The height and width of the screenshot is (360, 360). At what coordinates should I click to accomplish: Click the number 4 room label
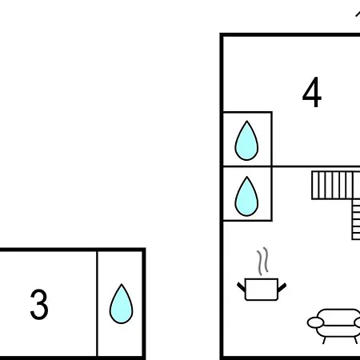pyautogui.click(x=312, y=92)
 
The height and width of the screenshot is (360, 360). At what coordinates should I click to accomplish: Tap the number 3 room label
pyautogui.click(x=39, y=304)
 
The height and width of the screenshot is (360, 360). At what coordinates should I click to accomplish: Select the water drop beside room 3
pyautogui.click(x=121, y=304)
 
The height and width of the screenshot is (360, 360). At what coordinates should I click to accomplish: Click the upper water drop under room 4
pyautogui.click(x=246, y=141)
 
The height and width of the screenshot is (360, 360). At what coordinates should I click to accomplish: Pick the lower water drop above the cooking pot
pyautogui.click(x=246, y=196)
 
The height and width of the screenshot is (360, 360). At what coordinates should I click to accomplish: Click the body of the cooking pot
pyautogui.click(x=262, y=290)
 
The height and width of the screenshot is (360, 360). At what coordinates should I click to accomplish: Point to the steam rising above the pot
pyautogui.click(x=262, y=262)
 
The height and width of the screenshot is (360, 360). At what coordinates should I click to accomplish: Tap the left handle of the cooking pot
pyautogui.click(x=241, y=287)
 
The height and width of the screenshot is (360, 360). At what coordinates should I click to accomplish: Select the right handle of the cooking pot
pyautogui.click(x=282, y=287)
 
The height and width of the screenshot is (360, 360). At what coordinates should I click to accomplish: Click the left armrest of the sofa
pyautogui.click(x=315, y=322)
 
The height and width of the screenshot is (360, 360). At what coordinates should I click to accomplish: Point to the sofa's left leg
pyautogui.click(x=325, y=340)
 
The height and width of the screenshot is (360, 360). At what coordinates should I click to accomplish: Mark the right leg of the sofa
pyautogui.click(x=355, y=340)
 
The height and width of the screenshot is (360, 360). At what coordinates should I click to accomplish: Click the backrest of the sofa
pyautogui.click(x=339, y=314)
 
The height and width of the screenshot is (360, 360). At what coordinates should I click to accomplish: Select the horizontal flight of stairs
pyautogui.click(x=336, y=186)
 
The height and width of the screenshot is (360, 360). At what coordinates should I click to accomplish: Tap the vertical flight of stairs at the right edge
pyautogui.click(x=356, y=219)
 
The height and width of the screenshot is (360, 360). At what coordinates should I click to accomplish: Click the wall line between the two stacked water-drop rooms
pyautogui.click(x=247, y=166)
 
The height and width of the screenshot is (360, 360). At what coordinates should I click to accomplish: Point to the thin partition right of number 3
pyautogui.click(x=98, y=303)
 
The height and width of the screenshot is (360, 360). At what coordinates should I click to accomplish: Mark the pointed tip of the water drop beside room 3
pyautogui.click(x=122, y=284)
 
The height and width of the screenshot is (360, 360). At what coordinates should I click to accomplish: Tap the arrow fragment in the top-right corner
pyautogui.click(x=358, y=14)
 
